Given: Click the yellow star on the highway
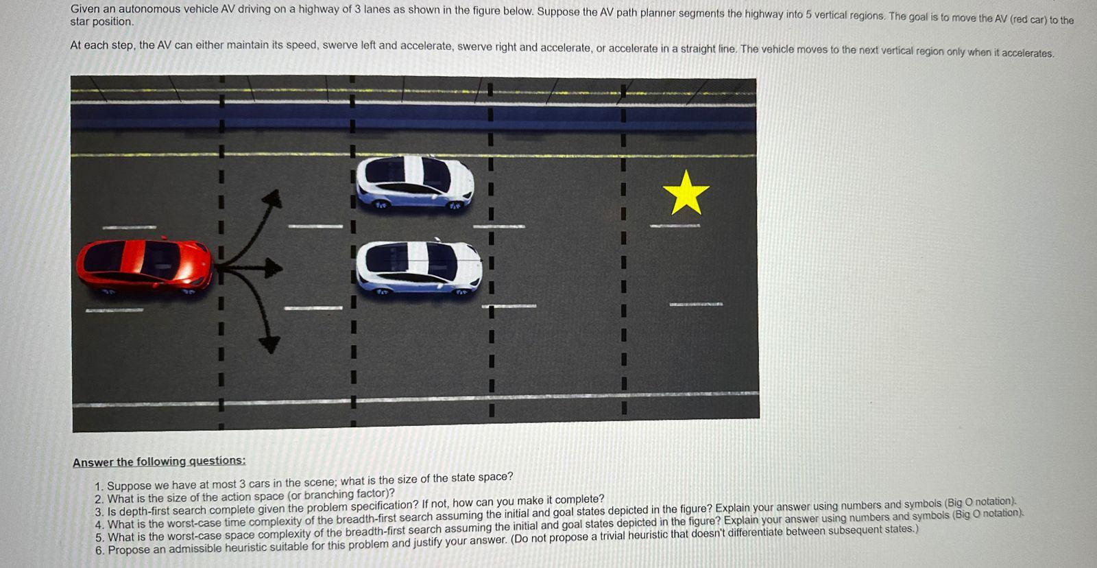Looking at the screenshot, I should [x=686, y=193].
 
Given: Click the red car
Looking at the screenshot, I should [x=143, y=266].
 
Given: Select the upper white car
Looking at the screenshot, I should [x=415, y=182].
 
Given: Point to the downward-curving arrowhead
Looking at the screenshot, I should [x=269, y=343].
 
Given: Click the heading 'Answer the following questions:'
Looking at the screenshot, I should [x=159, y=462].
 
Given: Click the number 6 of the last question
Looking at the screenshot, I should [x=99, y=550].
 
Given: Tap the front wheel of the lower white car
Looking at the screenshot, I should [x=461, y=291].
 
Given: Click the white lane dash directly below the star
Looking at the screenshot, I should [x=675, y=225].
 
